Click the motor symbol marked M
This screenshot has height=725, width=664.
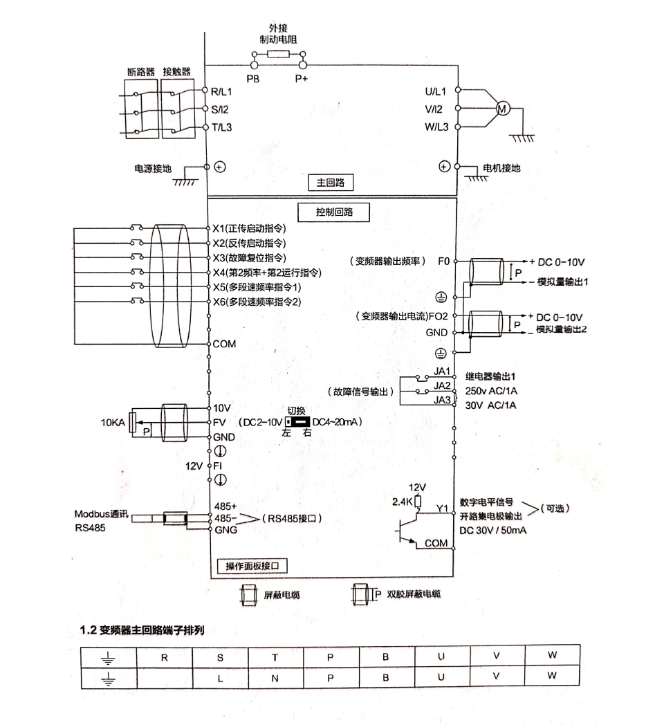click(504, 109)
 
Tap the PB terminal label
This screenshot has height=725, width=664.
click(253, 80)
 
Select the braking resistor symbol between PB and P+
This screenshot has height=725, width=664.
click(278, 55)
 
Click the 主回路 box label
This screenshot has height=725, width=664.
click(331, 183)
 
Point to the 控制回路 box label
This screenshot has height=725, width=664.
click(333, 212)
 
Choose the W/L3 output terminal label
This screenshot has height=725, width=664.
click(436, 127)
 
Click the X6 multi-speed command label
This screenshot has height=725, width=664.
click(256, 302)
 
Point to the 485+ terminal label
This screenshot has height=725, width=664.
click(225, 506)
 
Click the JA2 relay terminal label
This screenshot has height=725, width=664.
click(442, 385)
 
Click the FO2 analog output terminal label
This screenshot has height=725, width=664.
click(439, 317)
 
